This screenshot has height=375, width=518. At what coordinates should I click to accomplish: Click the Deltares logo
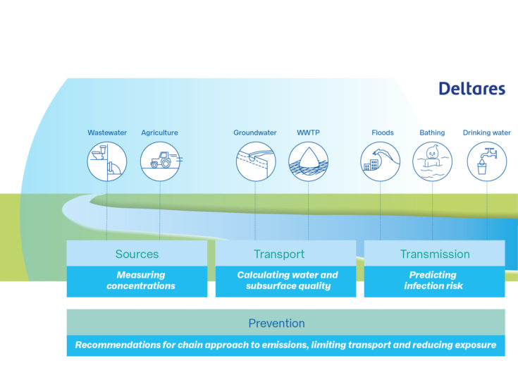[472, 89]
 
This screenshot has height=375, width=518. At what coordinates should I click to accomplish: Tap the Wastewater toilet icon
[107, 161]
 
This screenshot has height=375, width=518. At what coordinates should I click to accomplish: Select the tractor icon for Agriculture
[160, 161]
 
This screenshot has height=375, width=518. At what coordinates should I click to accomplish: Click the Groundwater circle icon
[256, 161]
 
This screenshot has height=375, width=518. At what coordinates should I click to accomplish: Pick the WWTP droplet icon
[308, 161]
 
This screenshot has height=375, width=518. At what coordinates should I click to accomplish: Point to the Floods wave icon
[381, 161]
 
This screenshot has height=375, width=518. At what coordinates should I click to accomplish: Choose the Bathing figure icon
[432, 161]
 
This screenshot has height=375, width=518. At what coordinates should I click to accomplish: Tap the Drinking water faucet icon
[487, 161]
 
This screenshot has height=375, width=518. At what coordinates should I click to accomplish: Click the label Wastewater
[107, 133]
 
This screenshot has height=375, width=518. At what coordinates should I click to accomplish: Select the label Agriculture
[159, 133]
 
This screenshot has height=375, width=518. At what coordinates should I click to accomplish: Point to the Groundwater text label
[255, 133]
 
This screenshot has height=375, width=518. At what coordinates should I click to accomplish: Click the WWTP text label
[308, 133]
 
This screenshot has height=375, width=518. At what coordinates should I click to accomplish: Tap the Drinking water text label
[486, 133]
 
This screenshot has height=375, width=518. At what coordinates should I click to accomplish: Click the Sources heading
[137, 254]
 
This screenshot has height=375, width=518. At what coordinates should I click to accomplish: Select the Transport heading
[279, 254]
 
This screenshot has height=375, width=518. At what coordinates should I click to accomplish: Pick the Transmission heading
[435, 254]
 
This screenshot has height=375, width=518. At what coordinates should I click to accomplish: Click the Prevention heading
[276, 323]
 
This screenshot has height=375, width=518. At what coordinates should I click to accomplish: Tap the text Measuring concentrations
[141, 280]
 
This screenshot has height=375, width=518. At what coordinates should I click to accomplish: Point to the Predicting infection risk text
[433, 280]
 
